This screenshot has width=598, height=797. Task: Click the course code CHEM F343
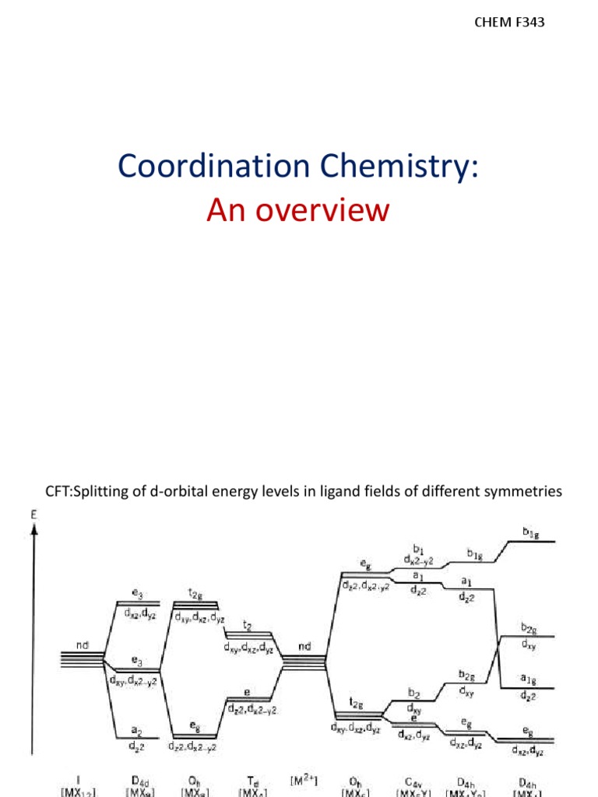(509, 23)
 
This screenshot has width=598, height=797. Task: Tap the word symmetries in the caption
(522, 490)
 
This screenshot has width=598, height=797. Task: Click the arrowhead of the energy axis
(34, 529)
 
